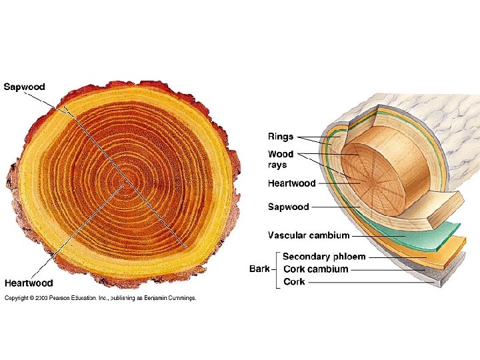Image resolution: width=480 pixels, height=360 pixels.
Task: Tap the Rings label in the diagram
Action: pyautogui.click(x=281, y=137)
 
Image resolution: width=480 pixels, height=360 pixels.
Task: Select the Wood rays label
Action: pyautogui.click(x=281, y=160)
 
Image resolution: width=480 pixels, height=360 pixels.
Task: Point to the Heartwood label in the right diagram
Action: pyautogui.click(x=292, y=183)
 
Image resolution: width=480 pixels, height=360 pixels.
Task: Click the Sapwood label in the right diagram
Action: pyautogui.click(x=289, y=207)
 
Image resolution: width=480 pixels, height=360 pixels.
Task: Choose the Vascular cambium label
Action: pyautogui.click(x=309, y=235)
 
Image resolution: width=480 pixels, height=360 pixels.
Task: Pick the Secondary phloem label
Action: pyautogui.click(x=324, y=257)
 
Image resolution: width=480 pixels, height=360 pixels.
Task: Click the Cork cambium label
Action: pyautogui.click(x=315, y=269)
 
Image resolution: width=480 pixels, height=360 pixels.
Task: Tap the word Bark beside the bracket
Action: pyautogui.click(x=259, y=269)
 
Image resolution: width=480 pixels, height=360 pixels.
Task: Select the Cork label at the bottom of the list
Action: pyautogui.click(x=294, y=282)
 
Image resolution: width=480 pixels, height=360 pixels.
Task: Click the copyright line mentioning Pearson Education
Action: pyautogui.click(x=101, y=298)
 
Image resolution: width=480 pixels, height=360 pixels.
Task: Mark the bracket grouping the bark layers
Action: pyautogui.click(x=277, y=269)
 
